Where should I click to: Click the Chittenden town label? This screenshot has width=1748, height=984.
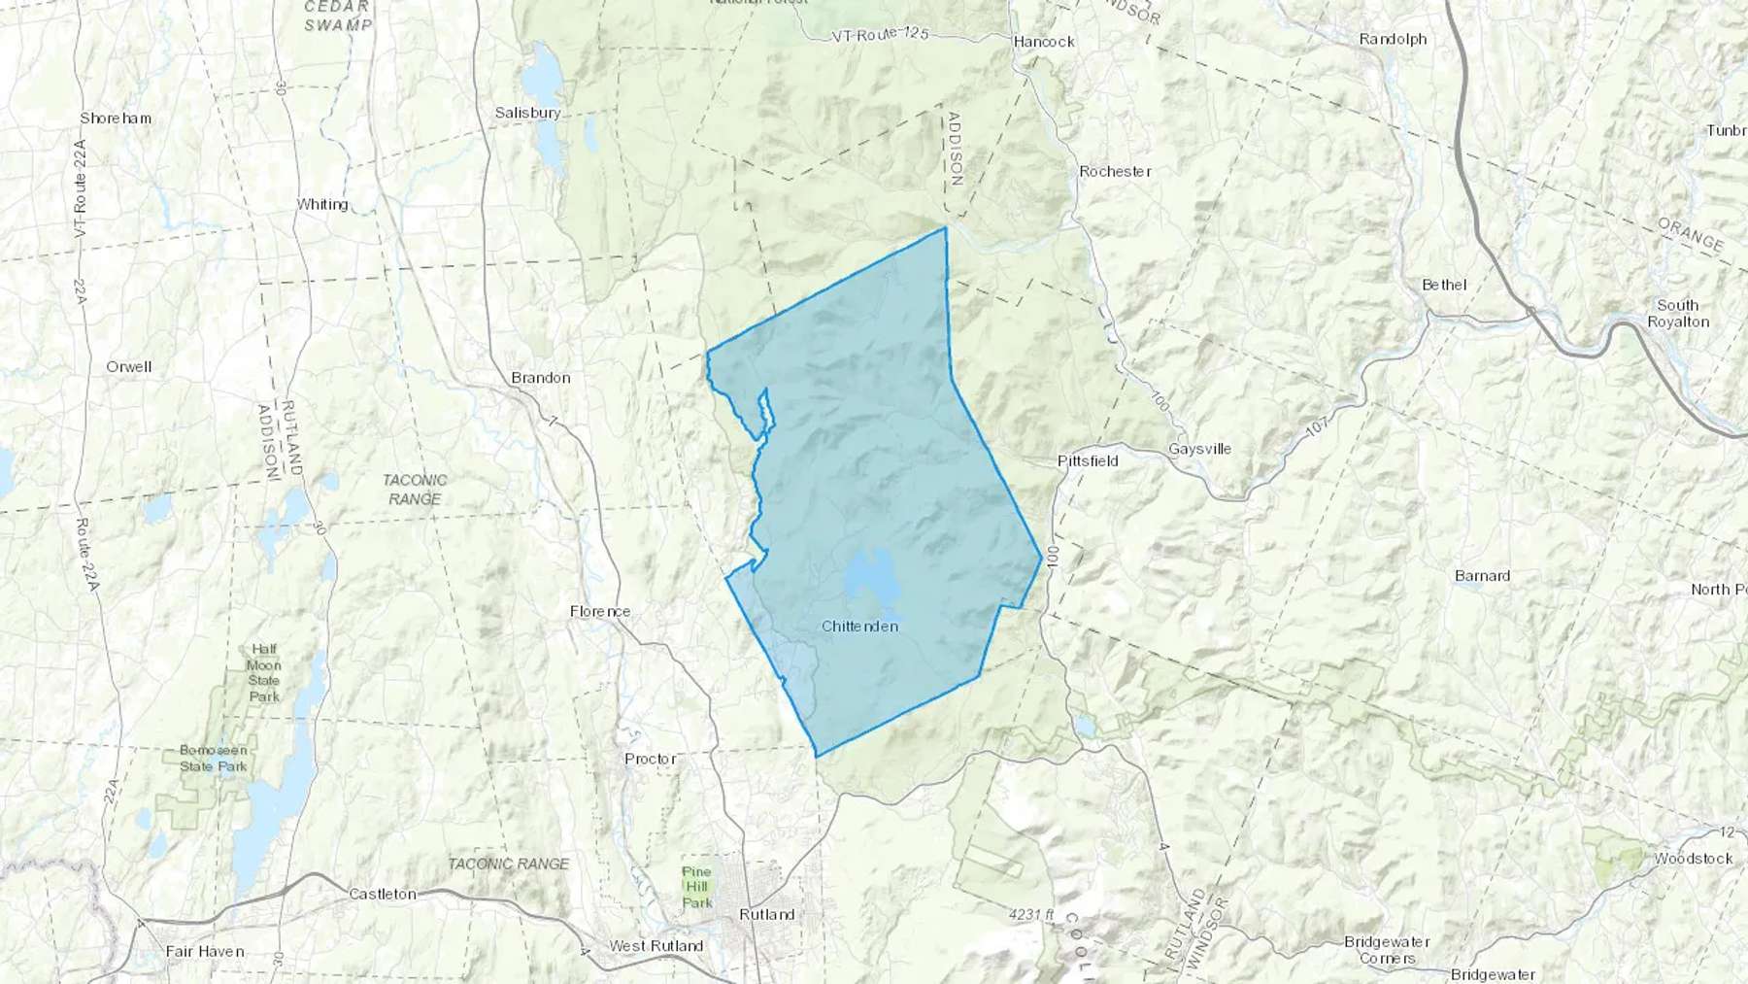(859, 627)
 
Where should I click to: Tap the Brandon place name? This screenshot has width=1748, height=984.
(541, 378)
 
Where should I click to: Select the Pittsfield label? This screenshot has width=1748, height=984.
(1088, 461)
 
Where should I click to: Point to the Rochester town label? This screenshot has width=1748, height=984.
(1115, 172)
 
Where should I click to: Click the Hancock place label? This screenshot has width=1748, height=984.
(1044, 42)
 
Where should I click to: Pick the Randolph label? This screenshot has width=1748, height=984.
(1393, 40)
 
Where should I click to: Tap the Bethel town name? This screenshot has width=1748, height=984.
(1444, 286)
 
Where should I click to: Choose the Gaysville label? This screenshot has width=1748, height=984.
(1199, 450)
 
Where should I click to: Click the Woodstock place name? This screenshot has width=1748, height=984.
(1694, 859)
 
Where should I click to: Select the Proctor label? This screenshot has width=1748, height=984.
(651, 759)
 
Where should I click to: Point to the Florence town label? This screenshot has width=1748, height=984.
(600, 612)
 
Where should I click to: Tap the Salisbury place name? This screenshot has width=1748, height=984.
(527, 113)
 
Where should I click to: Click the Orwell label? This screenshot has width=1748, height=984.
(129, 367)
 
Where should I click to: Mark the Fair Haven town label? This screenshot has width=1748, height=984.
(205, 952)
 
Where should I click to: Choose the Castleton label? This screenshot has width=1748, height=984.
(383, 894)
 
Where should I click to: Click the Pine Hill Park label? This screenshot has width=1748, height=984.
(697, 887)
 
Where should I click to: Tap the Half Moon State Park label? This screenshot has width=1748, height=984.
(263, 673)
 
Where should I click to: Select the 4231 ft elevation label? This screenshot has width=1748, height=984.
(1030, 915)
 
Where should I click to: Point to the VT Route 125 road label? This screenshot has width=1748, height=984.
(880, 35)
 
